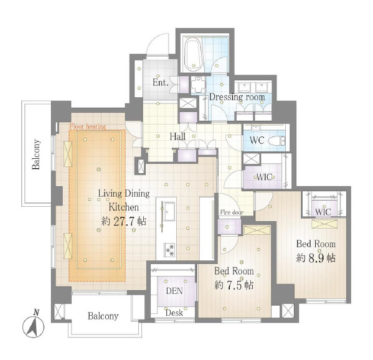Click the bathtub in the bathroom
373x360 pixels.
pyautogui.click(x=194, y=54)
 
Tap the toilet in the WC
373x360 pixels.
pyautogui.click(x=276, y=141)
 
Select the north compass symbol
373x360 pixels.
pyautogui.click(x=34, y=324)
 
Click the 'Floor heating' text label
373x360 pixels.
pyautogui.click(x=88, y=126)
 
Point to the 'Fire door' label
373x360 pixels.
pyautogui.click(x=232, y=212)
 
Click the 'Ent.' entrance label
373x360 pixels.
pyautogui.click(x=160, y=83)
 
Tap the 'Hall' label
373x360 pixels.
pyautogui.click(x=177, y=136)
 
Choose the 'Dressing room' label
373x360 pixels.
pyautogui.click(x=237, y=97)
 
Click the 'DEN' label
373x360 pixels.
pyautogui.click(x=174, y=291)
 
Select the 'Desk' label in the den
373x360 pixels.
pyautogui.click(x=174, y=313)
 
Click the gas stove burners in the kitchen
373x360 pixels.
pyautogui.click(x=170, y=250)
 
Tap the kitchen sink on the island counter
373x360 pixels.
pyautogui.click(x=169, y=211)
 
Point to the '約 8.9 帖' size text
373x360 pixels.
pyautogui.click(x=316, y=258)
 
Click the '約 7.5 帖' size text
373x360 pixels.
pyautogui.click(x=234, y=285)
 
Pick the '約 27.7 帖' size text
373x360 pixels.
pyautogui.click(x=124, y=222)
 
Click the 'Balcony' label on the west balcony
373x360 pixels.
pyautogui.click(x=36, y=154)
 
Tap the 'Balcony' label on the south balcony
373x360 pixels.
pyautogui.click(x=103, y=316)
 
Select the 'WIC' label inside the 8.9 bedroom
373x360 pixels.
pyautogui.click(x=323, y=212)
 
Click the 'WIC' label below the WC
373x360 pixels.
pyautogui.click(x=264, y=177)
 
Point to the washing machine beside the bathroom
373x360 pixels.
pyautogui.click(x=198, y=85)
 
